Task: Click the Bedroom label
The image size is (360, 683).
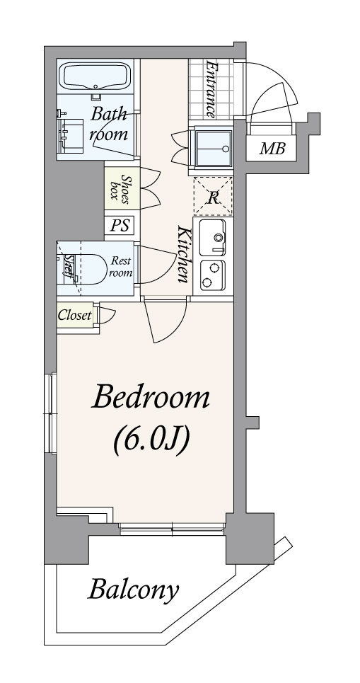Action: [151, 397]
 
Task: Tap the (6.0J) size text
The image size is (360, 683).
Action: [151, 440]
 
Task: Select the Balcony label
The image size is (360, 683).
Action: [134, 590]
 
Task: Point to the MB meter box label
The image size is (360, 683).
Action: [272, 149]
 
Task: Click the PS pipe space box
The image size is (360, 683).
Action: [120, 226]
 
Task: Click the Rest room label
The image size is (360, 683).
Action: [120, 267]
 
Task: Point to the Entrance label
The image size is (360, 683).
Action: [211, 89]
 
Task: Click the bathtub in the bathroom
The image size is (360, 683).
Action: [95, 76]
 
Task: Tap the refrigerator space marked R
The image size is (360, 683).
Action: [213, 197]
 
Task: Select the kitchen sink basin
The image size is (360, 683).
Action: [212, 237]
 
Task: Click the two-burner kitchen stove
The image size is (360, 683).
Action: [212, 275]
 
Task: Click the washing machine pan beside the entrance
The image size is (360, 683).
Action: [213, 148]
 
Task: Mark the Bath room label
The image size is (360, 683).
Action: [109, 125]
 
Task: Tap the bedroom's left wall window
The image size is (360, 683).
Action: [52, 413]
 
